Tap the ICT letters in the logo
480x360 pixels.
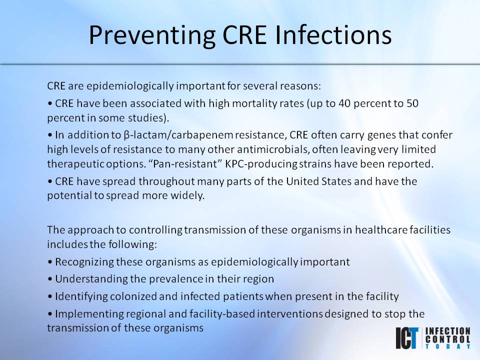[x=407, y=338]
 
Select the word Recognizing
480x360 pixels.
[x=83, y=261]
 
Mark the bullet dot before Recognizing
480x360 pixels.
[x=50, y=262]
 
